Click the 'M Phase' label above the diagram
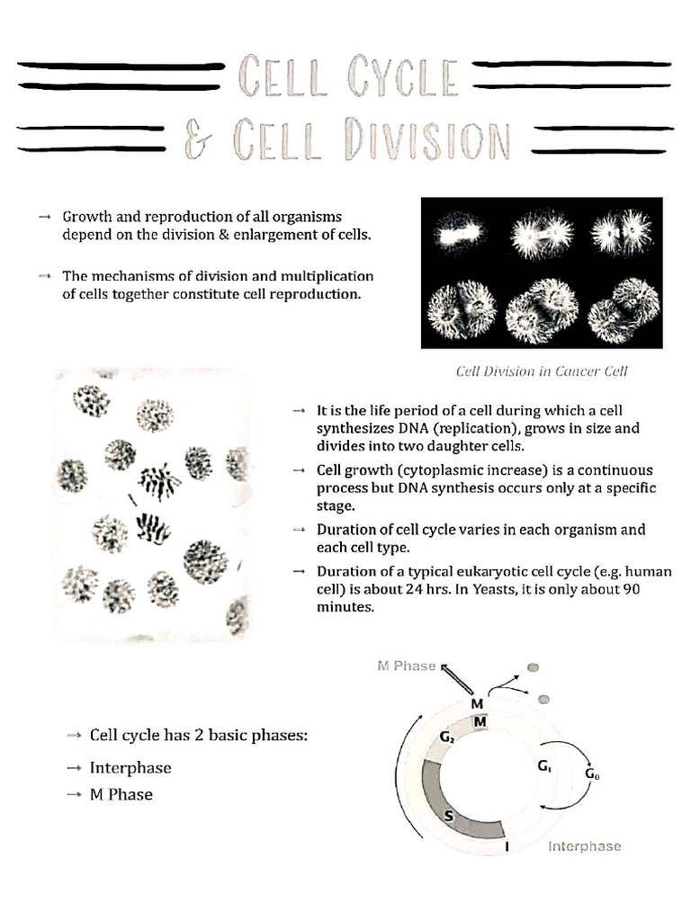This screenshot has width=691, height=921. pos(405,666)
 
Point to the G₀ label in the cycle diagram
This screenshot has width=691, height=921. pos(592,773)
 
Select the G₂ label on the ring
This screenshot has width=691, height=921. pos(447,737)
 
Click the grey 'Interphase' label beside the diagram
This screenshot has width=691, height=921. pos(584,846)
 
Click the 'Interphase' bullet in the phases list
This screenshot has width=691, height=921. pos(130,768)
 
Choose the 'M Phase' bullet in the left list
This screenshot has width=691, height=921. pos(121,794)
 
